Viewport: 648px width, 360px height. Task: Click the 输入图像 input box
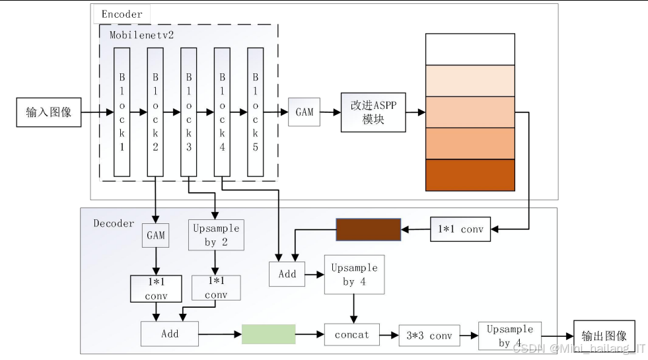tap(49, 112)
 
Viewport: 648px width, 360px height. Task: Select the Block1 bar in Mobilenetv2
tap(122, 112)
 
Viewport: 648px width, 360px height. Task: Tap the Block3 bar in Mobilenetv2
tap(189, 112)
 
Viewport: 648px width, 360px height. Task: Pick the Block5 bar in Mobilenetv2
tap(256, 112)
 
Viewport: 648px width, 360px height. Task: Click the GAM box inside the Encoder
tap(305, 112)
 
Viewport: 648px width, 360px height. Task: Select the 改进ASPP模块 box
tap(373, 112)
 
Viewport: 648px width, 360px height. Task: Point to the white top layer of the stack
tap(470, 49)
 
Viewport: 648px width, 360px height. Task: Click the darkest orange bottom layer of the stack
tap(470, 175)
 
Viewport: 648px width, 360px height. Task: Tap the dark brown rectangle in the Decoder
tap(369, 229)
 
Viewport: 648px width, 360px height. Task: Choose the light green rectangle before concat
tap(268, 334)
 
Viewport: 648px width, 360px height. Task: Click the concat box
tap(352, 335)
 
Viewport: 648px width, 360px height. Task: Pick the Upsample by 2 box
tap(216, 235)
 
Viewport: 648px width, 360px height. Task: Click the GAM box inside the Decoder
tap(156, 235)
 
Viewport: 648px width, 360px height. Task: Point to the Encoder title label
tap(122, 14)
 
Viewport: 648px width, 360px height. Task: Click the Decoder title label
tap(114, 223)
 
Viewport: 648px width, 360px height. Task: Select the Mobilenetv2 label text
tap(141, 34)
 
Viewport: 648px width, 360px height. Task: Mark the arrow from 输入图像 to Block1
tap(97, 113)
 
